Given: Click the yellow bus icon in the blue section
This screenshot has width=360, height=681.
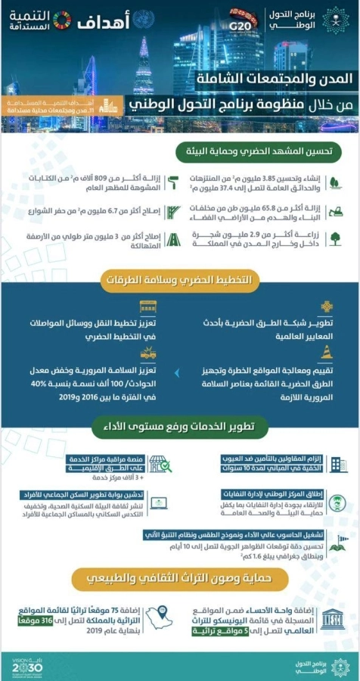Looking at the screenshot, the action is (x=148, y=307).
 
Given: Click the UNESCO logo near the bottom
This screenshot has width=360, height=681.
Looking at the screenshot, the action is (x=330, y=622).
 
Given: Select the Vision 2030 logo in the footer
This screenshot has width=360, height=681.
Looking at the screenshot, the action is (x=28, y=667).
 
